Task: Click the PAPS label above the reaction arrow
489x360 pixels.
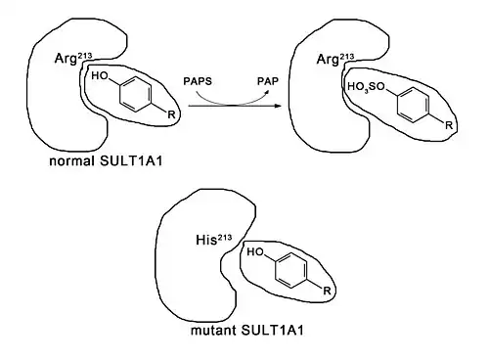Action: coord(198,81)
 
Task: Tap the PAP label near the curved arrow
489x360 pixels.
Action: coord(268,81)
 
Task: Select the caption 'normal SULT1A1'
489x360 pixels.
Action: coord(106,161)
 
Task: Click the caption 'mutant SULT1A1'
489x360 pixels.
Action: coord(247,331)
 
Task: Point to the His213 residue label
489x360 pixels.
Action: coord(214,240)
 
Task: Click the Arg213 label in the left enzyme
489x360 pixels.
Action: coord(73,59)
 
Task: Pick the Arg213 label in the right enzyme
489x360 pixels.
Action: coord(335,60)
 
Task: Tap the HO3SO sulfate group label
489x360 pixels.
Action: coord(367,87)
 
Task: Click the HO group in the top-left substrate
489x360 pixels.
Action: coord(100,76)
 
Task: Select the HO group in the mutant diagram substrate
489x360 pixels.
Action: coord(255,252)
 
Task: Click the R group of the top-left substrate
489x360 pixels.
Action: coord(171,114)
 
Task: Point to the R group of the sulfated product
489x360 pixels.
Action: coord(449,125)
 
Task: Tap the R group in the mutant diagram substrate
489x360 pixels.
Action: coord(327,291)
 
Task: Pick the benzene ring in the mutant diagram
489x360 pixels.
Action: coord(291,270)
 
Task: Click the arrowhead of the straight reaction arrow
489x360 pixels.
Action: coord(278,106)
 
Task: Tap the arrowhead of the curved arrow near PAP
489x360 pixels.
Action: coord(268,91)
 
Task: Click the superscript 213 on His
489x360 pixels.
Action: coord(225,237)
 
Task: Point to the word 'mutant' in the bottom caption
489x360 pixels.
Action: coord(213,331)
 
